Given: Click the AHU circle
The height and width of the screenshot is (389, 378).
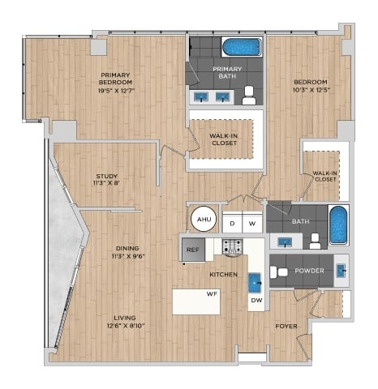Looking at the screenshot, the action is click(x=204, y=219).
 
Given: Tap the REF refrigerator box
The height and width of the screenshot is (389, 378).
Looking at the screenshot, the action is click(x=193, y=250).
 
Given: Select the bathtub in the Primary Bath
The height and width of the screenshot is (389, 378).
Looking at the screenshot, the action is click(x=242, y=47).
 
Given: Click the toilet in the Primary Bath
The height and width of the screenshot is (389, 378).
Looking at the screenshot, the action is click(x=249, y=96).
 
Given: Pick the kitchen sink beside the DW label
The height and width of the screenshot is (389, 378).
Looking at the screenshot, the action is click(x=255, y=283).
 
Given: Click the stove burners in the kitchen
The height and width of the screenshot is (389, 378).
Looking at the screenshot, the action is click(x=232, y=246).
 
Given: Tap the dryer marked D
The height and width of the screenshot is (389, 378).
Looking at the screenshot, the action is click(x=232, y=224).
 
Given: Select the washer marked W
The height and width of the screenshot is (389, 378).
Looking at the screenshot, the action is click(x=252, y=224).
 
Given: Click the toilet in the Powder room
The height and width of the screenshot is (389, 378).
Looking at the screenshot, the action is click(x=279, y=271).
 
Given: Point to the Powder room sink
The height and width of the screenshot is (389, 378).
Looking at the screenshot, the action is click(x=341, y=271).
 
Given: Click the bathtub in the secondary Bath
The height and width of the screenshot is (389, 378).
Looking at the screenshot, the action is click(x=338, y=225).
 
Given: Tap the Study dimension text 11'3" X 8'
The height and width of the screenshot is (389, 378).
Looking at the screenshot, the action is click(x=106, y=183).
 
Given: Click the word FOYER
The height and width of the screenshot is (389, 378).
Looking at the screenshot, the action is click(x=286, y=327).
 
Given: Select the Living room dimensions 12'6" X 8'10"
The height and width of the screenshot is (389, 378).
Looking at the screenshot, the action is click(x=126, y=326).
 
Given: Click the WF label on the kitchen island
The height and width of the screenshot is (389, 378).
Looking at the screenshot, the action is click(x=212, y=294).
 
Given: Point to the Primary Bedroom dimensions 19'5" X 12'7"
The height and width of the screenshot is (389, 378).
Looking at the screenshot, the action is click(x=116, y=91).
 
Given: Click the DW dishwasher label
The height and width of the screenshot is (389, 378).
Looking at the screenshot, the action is click(x=256, y=300).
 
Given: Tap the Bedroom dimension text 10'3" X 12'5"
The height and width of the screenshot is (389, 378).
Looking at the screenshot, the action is click(x=311, y=90).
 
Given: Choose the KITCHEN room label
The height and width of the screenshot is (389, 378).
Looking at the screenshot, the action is click(x=224, y=275).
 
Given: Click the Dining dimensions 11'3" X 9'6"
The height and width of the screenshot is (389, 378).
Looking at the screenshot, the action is click(x=128, y=256).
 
